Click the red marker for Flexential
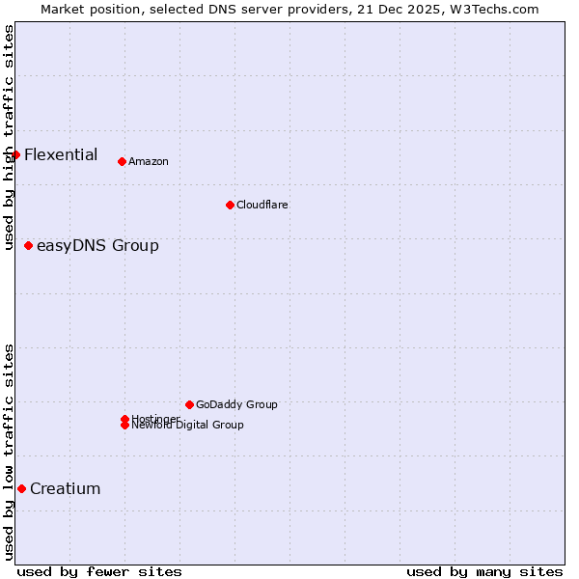point(15,154)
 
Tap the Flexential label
point(61,154)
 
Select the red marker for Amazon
point(122,161)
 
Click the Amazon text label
point(149,162)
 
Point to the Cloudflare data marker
point(230,205)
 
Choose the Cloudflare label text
point(262,206)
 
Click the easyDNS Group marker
point(28,245)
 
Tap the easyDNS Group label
point(97,246)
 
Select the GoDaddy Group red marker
point(189,404)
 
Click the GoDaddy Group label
point(236,405)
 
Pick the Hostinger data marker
point(124,419)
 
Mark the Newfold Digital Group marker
point(124,426)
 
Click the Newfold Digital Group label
point(188,426)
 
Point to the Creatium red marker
point(21,488)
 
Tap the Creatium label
point(66,489)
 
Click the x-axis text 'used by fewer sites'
point(99,571)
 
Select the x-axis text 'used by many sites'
point(484,571)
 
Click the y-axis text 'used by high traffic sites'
point(9,137)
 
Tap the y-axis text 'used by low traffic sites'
point(9,452)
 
